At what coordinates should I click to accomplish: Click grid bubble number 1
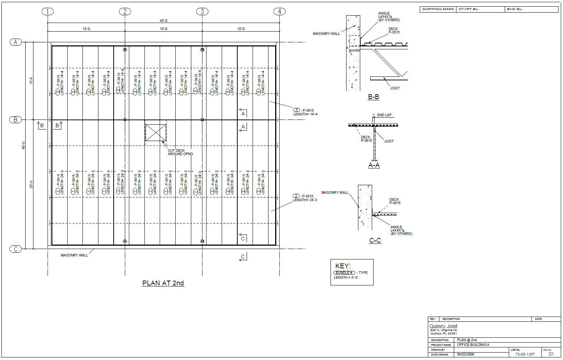pos(48,12)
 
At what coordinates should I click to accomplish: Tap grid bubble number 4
pos(280,12)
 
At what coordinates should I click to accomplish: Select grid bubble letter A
pos(16,42)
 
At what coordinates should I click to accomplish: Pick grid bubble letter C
pos(16,249)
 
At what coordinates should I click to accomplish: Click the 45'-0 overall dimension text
pos(163,21)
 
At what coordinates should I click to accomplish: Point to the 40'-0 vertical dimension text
pos(23,145)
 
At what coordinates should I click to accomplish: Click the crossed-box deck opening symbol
pos(156,132)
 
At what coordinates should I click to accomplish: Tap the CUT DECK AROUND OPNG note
pos(180,152)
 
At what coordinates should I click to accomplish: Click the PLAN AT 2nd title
pos(163,283)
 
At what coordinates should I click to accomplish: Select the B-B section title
pos(373,97)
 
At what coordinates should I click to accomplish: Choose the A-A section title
pos(374,165)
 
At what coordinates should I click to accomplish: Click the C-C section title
pos(375,240)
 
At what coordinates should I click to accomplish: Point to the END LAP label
pos(384,115)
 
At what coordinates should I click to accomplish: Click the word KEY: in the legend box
pos(343,266)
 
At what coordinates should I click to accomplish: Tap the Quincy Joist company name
pos(443,326)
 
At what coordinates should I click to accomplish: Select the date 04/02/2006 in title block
pos(465,354)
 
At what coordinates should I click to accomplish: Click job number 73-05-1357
pos(525,354)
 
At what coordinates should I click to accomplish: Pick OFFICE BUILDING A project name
pos(473,345)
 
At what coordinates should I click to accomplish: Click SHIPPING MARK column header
pos(438,9)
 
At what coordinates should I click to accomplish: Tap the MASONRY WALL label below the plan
pos(74,255)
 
